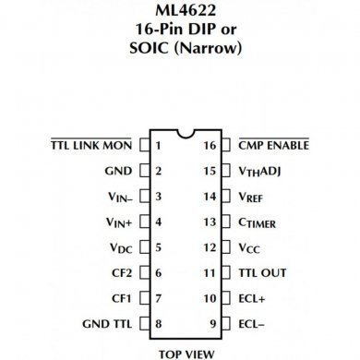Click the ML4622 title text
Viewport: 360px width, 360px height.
pyautogui.click(x=180, y=11)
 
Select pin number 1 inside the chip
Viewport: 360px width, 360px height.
pyautogui.click(x=159, y=145)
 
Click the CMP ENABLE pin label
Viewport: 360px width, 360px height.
pyautogui.click(x=273, y=145)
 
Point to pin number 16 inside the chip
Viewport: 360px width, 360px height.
pyautogui.click(x=210, y=145)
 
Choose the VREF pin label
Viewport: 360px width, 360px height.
pyautogui.click(x=252, y=197)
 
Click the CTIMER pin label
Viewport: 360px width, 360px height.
pyautogui.click(x=258, y=222)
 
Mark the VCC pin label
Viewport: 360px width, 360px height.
pyautogui.click(x=251, y=248)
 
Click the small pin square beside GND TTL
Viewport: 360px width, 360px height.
pyautogui.click(x=145, y=324)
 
